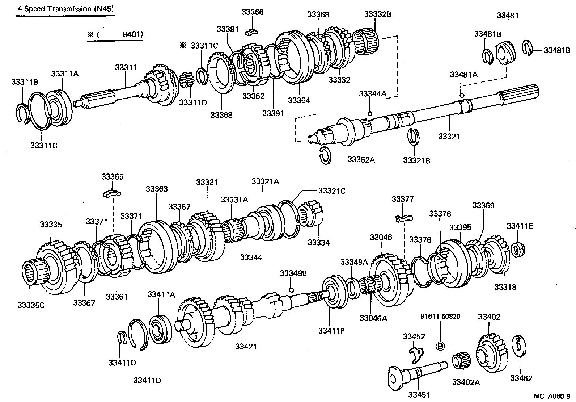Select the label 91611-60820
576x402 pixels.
440,316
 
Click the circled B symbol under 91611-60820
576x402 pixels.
440,346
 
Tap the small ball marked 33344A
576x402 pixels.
370,114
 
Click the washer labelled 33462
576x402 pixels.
520,346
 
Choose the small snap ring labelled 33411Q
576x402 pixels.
123,337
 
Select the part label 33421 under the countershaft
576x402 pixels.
246,347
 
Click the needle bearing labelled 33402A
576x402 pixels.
461,361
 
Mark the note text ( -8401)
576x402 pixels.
115,35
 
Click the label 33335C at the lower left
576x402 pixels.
31,305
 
